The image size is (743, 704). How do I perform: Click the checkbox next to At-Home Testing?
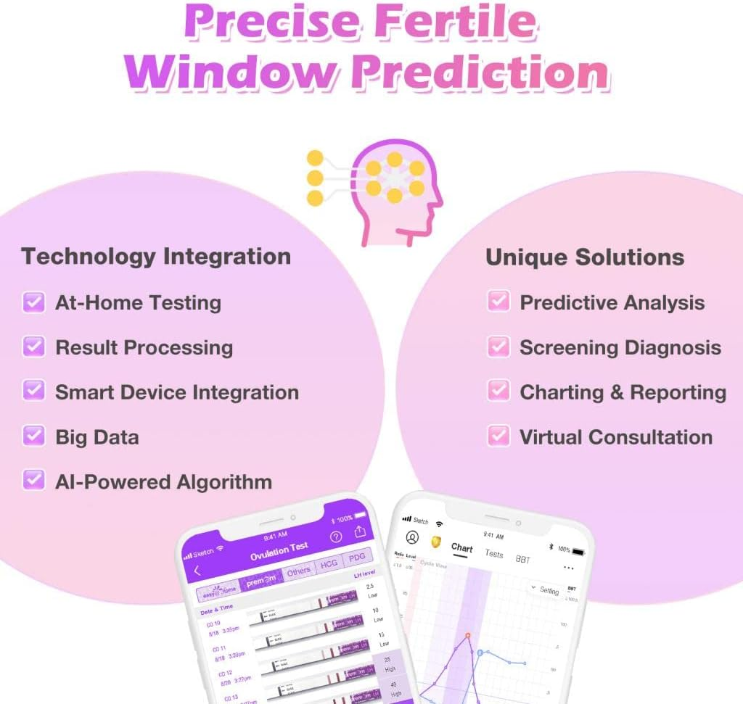point(33,302)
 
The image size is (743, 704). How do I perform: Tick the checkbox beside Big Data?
point(33,436)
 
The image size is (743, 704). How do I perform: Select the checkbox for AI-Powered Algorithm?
point(33,481)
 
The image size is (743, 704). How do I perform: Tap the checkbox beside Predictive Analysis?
point(498,302)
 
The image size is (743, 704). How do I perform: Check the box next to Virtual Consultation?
point(498,436)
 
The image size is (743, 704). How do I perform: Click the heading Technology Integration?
point(156,256)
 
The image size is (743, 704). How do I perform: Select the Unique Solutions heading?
point(584,257)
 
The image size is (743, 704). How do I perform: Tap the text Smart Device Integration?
point(177,392)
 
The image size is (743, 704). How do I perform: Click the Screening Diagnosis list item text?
point(620,347)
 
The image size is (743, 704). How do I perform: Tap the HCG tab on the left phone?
point(329,564)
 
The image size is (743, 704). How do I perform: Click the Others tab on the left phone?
point(298,571)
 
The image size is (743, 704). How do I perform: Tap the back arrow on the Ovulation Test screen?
point(197,571)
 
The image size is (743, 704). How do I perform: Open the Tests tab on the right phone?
point(494,554)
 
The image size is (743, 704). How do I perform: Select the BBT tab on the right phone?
point(523,559)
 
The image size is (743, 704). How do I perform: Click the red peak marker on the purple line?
point(468,636)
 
